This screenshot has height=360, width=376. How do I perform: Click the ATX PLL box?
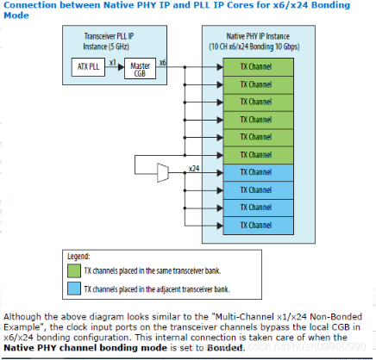click(x=88, y=67)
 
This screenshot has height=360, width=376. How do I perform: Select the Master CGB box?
click(x=140, y=68)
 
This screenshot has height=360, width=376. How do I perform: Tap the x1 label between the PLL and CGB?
click(x=113, y=62)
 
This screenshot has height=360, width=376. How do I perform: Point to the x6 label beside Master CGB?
click(x=163, y=62)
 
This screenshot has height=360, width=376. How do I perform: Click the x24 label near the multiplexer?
click(x=194, y=168)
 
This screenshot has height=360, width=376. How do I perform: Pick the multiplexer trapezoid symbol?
click(x=163, y=173)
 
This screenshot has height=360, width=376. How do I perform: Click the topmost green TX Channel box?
click(x=259, y=67)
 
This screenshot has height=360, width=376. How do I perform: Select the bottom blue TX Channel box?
click(x=259, y=226)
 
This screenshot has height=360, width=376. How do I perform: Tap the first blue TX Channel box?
click(x=259, y=172)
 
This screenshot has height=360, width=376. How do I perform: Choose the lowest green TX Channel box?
click(x=259, y=155)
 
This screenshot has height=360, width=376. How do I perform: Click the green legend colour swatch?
click(x=74, y=270)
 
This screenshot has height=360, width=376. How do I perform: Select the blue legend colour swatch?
click(x=74, y=289)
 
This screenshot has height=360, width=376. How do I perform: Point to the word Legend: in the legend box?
click(x=78, y=257)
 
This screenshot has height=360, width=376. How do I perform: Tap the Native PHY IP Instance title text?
click(x=254, y=41)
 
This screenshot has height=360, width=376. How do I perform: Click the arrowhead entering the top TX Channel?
click(x=220, y=67)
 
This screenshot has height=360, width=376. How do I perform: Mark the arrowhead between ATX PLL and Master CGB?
click(x=121, y=67)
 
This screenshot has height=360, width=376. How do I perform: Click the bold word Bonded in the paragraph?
click(x=225, y=348)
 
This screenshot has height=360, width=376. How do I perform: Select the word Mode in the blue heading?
click(x=16, y=16)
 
